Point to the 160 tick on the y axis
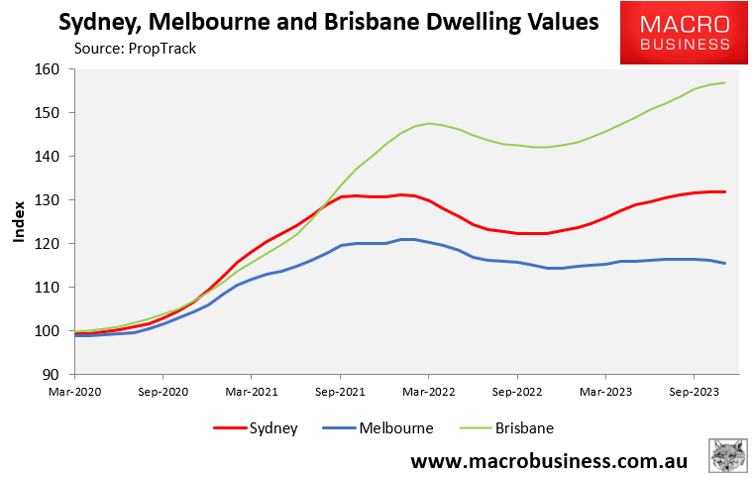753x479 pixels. [x=50, y=69]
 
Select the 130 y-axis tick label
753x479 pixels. [x=50, y=200]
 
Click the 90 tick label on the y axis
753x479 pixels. [x=54, y=375]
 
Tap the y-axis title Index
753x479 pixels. [x=19, y=222]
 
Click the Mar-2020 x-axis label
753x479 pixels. [x=75, y=391]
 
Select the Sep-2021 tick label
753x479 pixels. [x=340, y=391]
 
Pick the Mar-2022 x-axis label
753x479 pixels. [x=428, y=391]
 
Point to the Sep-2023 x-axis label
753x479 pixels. [x=693, y=391]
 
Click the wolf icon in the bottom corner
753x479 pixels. [x=727, y=457]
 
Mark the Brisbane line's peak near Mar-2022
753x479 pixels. [x=429, y=123]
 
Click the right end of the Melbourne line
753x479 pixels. [x=725, y=263]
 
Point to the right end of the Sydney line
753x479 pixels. [x=725, y=191]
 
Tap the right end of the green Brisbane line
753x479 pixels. [x=725, y=82]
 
